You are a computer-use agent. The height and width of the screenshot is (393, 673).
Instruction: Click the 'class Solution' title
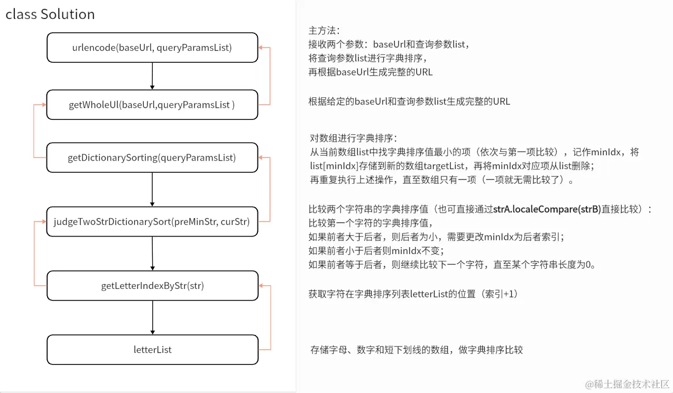point(50,14)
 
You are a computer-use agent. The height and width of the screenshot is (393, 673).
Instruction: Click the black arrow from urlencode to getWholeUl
point(152,76)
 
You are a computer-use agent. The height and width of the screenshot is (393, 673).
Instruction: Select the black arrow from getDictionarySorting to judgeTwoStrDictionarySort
point(152,190)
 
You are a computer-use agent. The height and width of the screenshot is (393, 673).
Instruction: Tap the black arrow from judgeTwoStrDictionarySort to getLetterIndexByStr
point(152,254)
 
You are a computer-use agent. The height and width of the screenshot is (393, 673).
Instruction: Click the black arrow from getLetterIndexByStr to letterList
point(153,317)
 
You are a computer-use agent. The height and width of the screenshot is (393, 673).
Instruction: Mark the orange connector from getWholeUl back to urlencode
point(270,76)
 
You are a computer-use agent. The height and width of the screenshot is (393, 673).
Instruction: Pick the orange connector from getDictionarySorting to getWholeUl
point(34,131)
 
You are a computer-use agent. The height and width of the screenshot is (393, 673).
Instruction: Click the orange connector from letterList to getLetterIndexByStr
point(271,317)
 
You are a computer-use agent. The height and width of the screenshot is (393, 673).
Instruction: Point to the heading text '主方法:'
point(324,30)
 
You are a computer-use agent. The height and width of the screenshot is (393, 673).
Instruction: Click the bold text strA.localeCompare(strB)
point(547,209)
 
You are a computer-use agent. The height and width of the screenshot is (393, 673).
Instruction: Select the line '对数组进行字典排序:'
point(354,138)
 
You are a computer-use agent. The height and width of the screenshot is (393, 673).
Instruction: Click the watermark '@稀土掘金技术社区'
point(628,384)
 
